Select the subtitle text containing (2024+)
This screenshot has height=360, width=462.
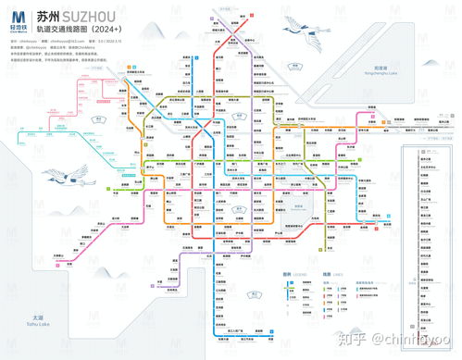click(x=96, y=30)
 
